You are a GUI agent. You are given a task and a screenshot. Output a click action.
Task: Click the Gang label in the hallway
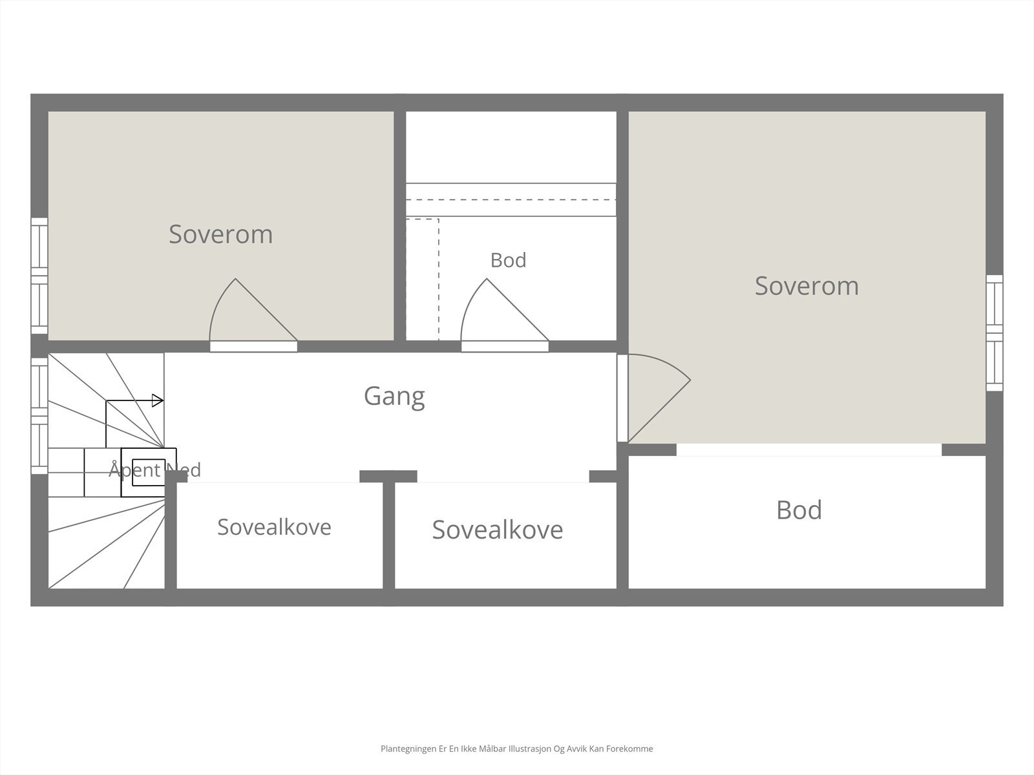pyautogui.click(x=394, y=396)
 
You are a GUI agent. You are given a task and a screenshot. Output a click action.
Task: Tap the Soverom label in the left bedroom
pyautogui.click(x=221, y=234)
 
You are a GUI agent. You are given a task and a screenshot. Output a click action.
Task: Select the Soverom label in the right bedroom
pyautogui.click(x=807, y=285)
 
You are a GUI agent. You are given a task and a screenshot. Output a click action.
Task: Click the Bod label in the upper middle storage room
pyautogui.click(x=509, y=260)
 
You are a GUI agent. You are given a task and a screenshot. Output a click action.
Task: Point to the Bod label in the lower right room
pyautogui.click(x=799, y=510)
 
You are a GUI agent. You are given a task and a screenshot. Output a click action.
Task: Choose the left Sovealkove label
pyautogui.click(x=274, y=527)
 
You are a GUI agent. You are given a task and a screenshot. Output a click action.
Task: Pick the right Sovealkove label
pyautogui.click(x=498, y=530)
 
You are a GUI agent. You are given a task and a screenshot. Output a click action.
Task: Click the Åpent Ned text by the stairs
pyautogui.click(x=155, y=470)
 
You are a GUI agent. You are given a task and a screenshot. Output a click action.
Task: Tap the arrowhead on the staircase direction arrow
pyautogui.click(x=158, y=401)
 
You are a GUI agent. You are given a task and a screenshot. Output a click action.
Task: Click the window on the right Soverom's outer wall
pyautogui.click(x=995, y=333)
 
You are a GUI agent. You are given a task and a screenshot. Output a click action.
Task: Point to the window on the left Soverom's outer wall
pyautogui.click(x=39, y=276)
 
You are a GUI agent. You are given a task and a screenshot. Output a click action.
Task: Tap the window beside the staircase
pyautogui.click(x=39, y=416)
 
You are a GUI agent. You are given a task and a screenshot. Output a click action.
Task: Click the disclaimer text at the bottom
pyautogui.click(x=517, y=749)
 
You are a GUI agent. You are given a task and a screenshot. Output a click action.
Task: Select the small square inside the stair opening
pyautogui.click(x=149, y=473)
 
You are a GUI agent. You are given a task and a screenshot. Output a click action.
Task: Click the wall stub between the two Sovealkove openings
pyautogui.click(x=388, y=476)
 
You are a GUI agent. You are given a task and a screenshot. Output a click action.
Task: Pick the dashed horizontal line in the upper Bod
pyautogui.click(x=511, y=200)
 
